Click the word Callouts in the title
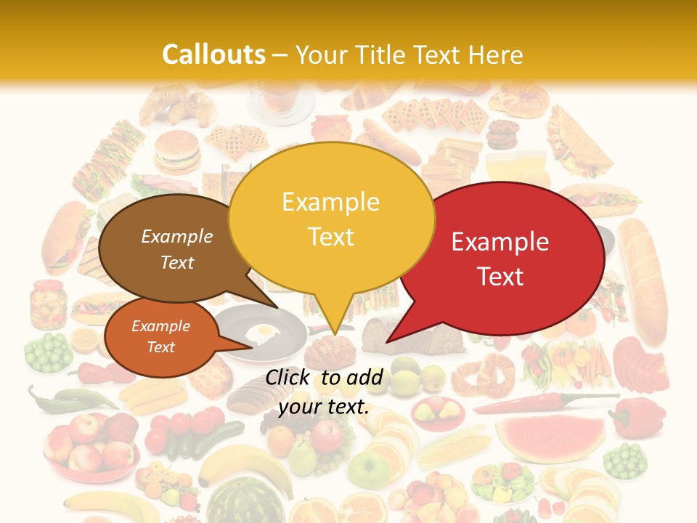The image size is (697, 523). (x=213, y=54)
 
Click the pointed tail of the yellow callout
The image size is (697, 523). (x=334, y=320)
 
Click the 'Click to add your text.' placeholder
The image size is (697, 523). (x=324, y=392)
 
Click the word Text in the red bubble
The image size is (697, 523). (x=501, y=277)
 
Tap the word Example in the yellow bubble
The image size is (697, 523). (x=330, y=202)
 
